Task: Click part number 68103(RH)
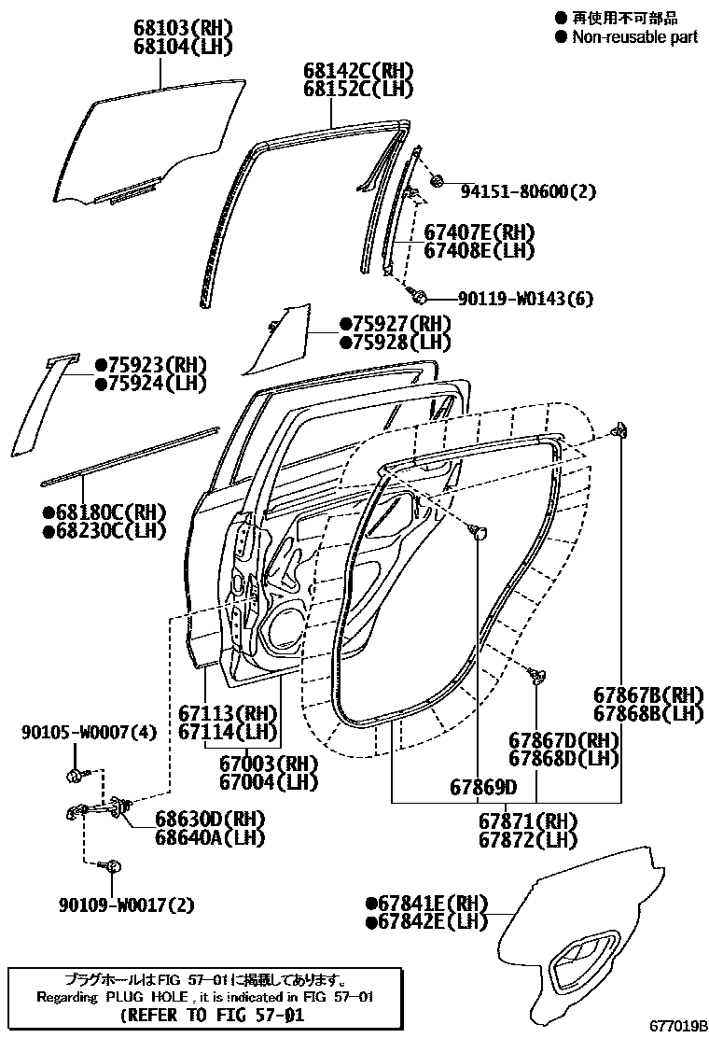tap(182, 28)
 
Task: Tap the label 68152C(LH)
tap(357, 90)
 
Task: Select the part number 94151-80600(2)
tap(528, 191)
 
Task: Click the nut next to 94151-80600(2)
tap(437, 180)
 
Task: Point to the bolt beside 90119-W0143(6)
tap(421, 298)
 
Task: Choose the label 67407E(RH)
tap(480, 232)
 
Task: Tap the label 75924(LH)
tap(157, 383)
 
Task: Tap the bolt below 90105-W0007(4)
tap(75, 774)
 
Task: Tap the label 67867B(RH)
tap(648, 694)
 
